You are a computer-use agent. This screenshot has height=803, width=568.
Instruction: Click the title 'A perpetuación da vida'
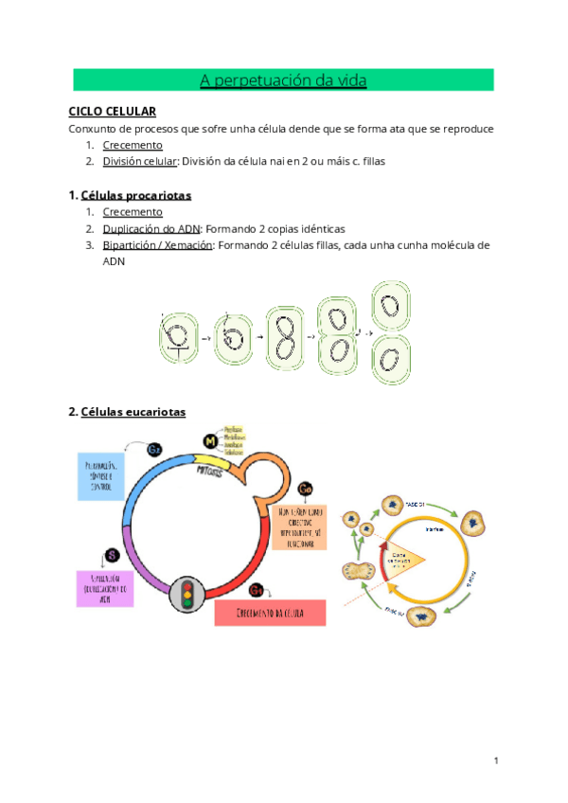point(283,80)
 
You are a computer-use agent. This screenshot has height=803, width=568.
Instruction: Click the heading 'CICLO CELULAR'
point(112,112)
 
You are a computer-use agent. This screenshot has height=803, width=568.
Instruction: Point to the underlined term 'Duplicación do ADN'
point(151,229)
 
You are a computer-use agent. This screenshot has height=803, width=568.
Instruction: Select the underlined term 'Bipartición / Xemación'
point(158,245)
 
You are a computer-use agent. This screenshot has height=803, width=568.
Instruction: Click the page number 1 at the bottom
point(496,760)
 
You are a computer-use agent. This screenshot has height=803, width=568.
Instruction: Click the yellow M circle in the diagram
point(211,441)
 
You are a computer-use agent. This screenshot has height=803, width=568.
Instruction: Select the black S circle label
point(112,555)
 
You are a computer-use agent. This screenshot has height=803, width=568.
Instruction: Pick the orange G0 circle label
point(305,489)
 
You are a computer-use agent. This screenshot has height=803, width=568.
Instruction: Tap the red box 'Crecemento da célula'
point(270,612)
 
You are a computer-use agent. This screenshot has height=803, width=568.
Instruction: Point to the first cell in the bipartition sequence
point(177,336)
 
